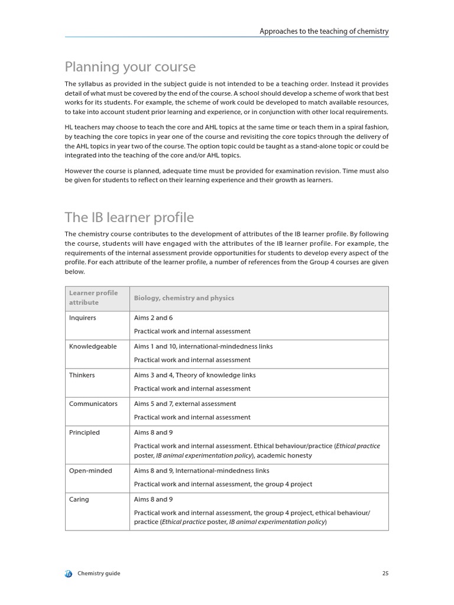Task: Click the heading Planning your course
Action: (x=130, y=67)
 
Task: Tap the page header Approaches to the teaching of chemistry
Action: (x=324, y=31)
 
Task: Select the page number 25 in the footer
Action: (x=385, y=573)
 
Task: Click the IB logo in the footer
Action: (x=69, y=574)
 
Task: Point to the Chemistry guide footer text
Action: (x=99, y=574)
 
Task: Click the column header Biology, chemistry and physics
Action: (x=184, y=298)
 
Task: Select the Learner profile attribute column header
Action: (x=93, y=298)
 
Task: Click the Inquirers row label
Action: (x=82, y=318)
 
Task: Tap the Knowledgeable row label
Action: (x=93, y=347)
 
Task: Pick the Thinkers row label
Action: (x=82, y=375)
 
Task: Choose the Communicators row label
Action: (x=93, y=404)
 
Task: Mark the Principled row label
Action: (x=84, y=432)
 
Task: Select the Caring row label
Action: (x=79, y=499)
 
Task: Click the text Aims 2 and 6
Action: (x=153, y=318)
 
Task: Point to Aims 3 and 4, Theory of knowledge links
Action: (x=194, y=375)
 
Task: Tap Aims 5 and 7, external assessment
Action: (x=184, y=404)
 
